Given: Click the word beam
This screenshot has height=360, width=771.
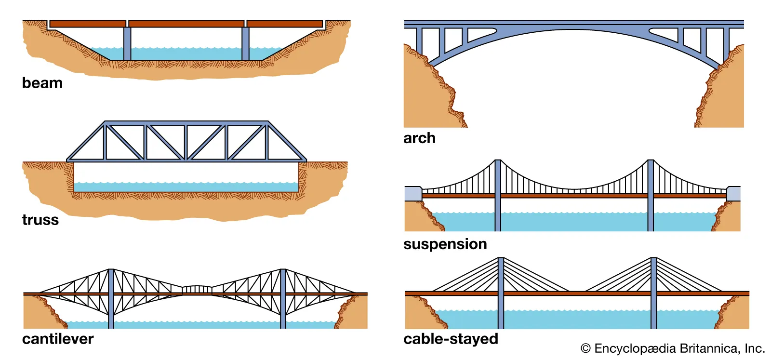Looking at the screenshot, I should [42, 83].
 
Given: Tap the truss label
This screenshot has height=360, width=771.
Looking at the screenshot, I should [40, 220].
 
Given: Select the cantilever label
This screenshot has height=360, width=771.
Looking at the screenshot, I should [58, 339].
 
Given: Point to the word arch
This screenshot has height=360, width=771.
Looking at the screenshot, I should [419, 138].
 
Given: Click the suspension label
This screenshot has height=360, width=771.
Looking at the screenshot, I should [445, 244].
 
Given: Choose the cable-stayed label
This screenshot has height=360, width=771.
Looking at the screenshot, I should [451, 339].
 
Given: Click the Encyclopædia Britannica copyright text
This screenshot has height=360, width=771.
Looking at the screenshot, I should [673, 348].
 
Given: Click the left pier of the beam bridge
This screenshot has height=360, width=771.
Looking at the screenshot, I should [127, 43].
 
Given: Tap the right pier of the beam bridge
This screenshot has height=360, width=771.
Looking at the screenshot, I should [245, 43].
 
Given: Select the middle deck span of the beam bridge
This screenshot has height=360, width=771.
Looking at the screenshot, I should [186, 24].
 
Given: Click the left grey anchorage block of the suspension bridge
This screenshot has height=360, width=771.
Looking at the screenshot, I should [413, 193].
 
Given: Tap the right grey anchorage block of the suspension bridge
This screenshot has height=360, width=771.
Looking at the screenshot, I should [733, 193].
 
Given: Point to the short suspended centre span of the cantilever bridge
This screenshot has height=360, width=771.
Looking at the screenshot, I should [197, 289].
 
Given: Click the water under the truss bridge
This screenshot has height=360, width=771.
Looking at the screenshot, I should [186, 187].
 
